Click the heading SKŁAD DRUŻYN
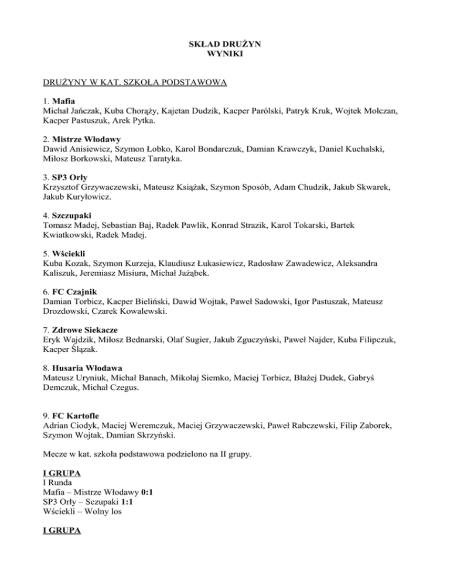[224, 43]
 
